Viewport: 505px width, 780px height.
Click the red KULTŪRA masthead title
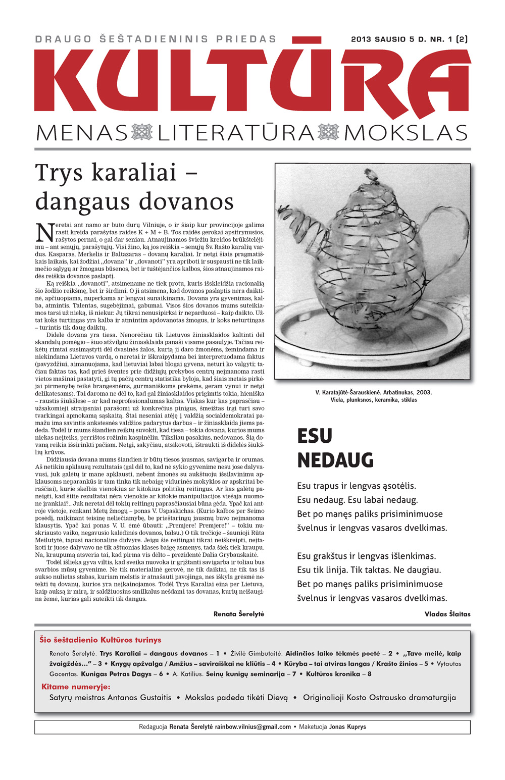[x=252, y=81]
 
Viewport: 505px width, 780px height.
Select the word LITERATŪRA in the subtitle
[x=236, y=133]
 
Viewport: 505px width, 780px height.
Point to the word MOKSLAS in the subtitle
[x=406, y=133]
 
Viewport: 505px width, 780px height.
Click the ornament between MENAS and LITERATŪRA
[x=142, y=133]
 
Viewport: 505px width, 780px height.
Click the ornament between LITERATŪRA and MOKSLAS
[x=328, y=133]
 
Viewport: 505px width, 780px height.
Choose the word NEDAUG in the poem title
[x=335, y=460]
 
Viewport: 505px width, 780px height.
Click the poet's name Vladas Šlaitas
[x=447, y=614]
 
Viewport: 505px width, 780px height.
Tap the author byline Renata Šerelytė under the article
[x=239, y=614]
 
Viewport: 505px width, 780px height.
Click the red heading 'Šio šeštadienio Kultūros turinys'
[x=100, y=640]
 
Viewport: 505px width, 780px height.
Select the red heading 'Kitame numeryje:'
[x=76, y=687]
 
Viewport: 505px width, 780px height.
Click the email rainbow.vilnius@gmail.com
[x=252, y=727]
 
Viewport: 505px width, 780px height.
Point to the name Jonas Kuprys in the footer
[x=347, y=727]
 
